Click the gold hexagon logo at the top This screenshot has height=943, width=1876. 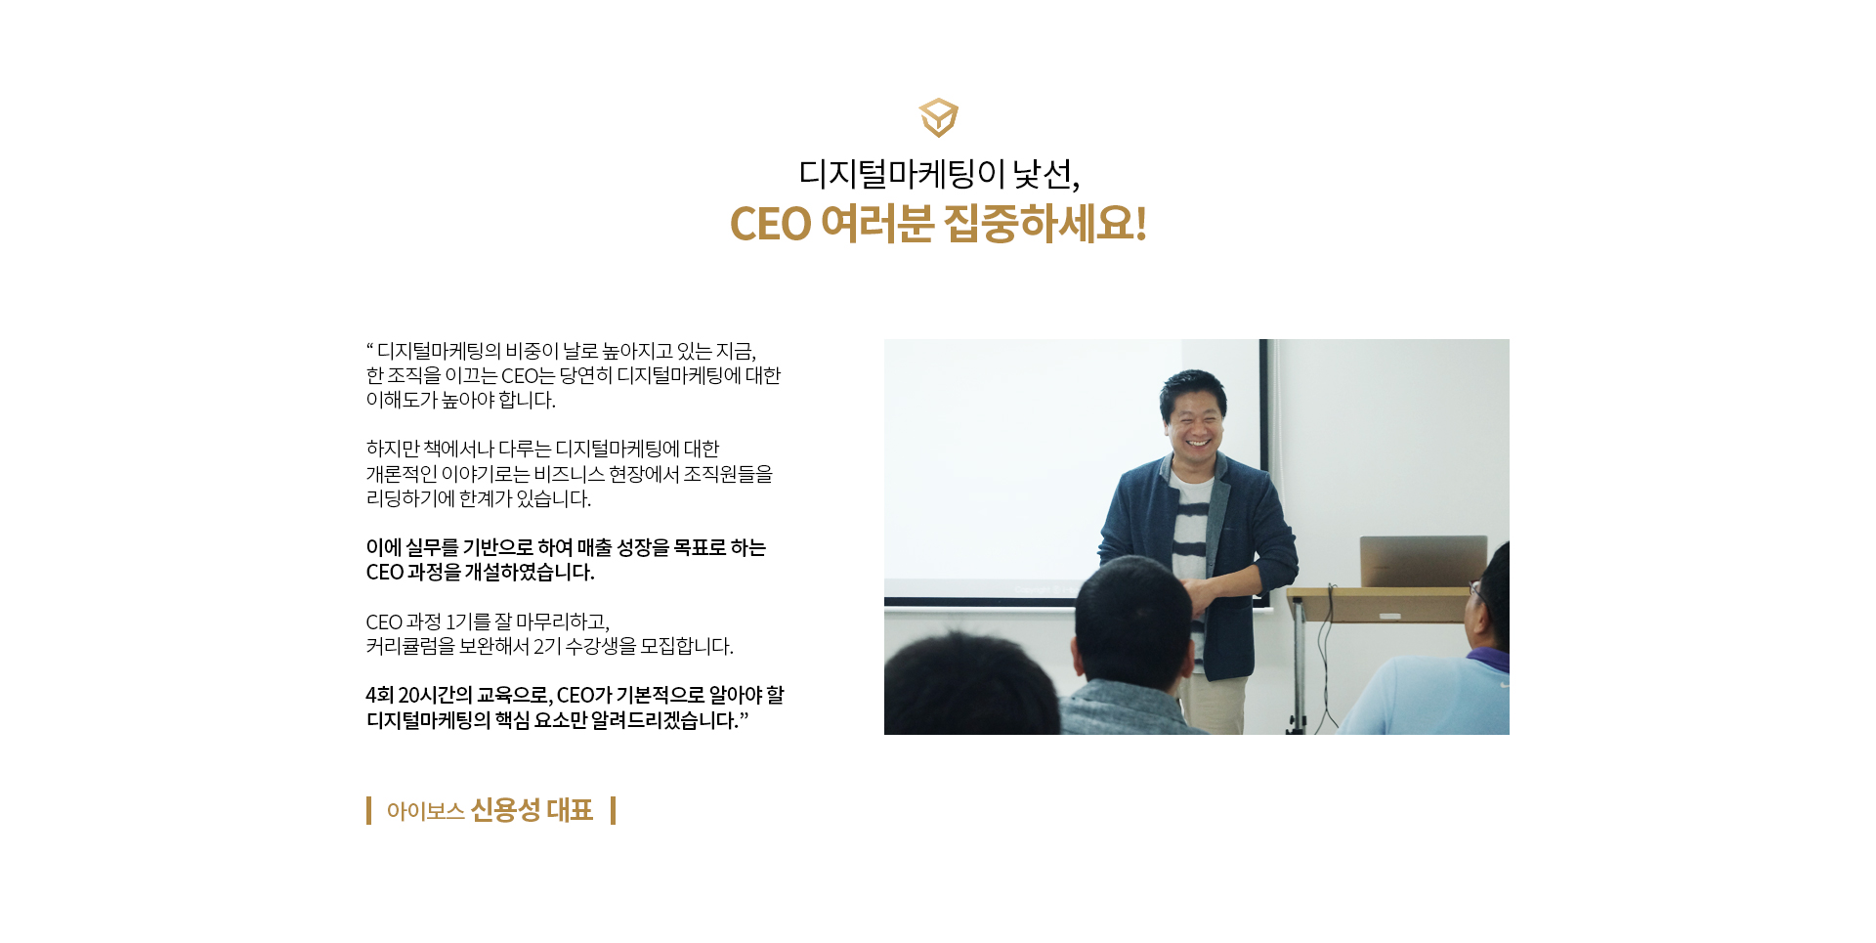click(x=938, y=117)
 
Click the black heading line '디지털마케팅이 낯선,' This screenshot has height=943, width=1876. click(x=939, y=174)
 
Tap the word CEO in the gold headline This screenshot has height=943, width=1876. click(x=770, y=224)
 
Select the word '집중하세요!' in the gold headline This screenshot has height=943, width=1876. click(x=1045, y=224)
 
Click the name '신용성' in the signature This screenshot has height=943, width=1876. click(x=505, y=810)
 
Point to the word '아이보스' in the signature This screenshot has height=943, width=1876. click(x=425, y=811)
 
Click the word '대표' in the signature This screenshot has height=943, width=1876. click(x=570, y=810)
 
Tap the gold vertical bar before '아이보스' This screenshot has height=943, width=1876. click(x=368, y=810)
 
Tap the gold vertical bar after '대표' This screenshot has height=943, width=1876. click(x=613, y=810)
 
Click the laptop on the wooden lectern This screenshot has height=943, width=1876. click(x=1423, y=561)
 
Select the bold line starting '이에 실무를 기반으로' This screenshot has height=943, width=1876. click(x=566, y=547)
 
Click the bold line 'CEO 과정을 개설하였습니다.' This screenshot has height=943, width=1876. click(x=480, y=572)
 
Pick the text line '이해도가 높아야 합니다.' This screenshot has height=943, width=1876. click(x=460, y=400)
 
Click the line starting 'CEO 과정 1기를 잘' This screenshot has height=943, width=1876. click(x=488, y=622)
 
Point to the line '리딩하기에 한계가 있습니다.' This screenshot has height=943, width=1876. click(x=479, y=498)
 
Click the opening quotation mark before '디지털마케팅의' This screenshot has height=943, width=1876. click(x=370, y=345)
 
